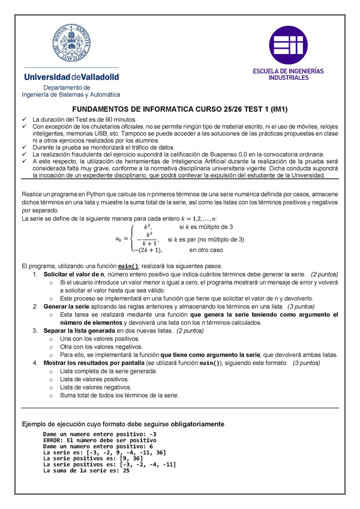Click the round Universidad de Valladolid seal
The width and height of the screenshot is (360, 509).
71,41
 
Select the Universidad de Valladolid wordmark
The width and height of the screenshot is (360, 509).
71,77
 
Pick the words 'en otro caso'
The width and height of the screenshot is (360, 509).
206,250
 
